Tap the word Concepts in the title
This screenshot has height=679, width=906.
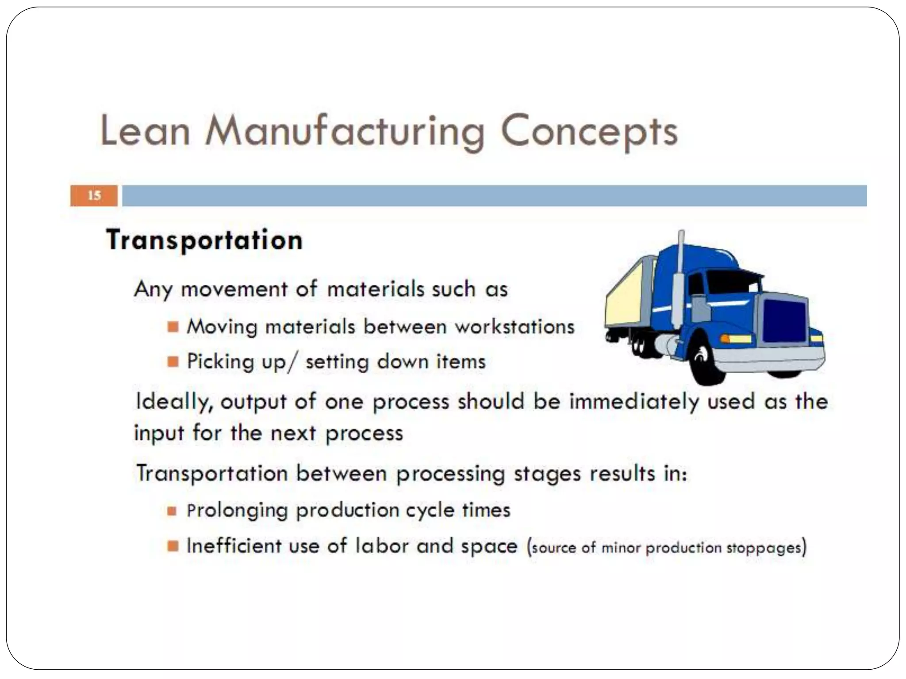[x=589, y=131]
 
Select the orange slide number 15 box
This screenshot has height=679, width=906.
[x=94, y=195]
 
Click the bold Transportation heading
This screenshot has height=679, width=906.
[x=204, y=240]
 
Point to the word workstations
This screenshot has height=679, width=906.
[x=514, y=327]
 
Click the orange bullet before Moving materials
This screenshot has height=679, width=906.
[x=173, y=327]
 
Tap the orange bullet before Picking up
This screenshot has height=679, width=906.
[x=173, y=362]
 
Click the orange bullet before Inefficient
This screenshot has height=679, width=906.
[x=173, y=546]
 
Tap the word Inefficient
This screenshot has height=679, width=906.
[x=234, y=546]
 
